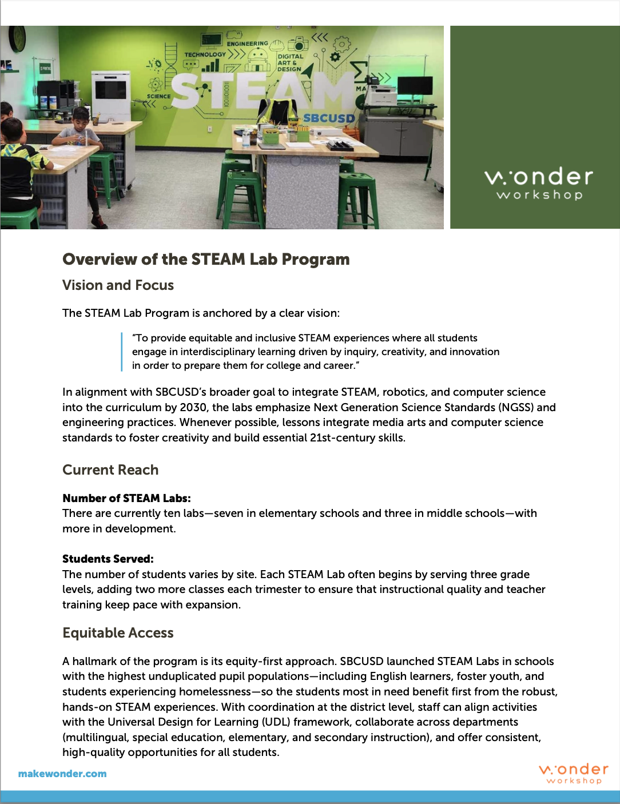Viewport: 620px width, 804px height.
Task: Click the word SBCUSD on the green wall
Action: [329, 118]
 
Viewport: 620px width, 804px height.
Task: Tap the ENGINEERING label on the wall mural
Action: [247, 43]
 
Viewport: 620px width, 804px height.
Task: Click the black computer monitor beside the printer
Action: [415, 86]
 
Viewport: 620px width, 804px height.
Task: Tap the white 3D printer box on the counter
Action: [111, 95]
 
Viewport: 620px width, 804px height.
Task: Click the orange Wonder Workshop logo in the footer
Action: [574, 773]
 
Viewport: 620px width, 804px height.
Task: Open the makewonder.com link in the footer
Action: [62, 774]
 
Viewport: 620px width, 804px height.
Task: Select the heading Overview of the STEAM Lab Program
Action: [206, 260]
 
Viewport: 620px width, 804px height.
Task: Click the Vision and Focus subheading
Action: [118, 285]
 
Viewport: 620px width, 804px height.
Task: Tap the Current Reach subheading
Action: [110, 470]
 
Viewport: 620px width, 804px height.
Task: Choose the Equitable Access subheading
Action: [118, 633]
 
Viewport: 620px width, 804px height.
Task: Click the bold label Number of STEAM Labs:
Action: [126, 498]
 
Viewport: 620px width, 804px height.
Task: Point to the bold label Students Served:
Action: [108, 559]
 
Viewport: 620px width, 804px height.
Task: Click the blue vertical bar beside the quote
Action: [122, 352]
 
